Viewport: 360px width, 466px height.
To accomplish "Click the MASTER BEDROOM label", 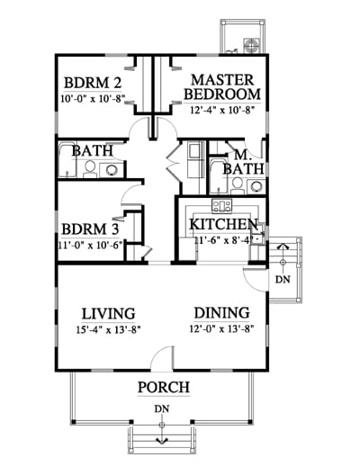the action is click(222, 87).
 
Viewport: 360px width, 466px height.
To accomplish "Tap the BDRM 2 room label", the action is click(93, 83).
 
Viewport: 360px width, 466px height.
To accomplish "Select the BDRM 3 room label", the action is click(90, 229).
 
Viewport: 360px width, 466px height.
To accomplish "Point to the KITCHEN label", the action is click(224, 224).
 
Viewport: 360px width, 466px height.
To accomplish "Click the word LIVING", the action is click(108, 314).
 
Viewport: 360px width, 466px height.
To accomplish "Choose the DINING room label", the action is click(222, 313).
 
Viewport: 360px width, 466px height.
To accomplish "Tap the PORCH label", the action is click(164, 387).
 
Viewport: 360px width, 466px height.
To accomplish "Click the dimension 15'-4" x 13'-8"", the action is click(108, 330).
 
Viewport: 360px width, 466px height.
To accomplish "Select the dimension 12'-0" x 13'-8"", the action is click(222, 329).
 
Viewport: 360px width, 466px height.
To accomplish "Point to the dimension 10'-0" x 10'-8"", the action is click(93, 99).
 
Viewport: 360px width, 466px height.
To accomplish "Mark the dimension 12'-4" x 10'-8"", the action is click(222, 110).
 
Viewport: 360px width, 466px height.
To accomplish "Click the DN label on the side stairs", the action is click(283, 280).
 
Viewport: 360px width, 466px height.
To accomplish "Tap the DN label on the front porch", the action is click(162, 408).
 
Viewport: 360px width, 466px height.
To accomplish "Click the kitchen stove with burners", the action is click(221, 206).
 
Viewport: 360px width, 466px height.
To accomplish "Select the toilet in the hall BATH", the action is click(90, 168).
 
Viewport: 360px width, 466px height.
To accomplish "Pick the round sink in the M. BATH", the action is click(256, 186).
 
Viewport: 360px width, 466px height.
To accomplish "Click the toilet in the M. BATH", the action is click(238, 185).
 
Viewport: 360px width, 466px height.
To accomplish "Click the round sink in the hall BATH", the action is click(111, 170).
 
